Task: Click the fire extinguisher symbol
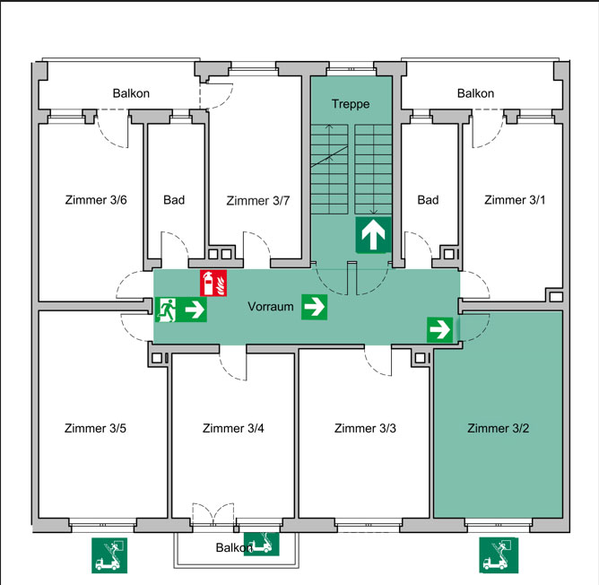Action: (x=213, y=282)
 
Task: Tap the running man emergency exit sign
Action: (x=167, y=310)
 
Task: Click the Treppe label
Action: (x=351, y=104)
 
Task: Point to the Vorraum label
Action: (x=271, y=307)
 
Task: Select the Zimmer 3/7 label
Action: (x=258, y=200)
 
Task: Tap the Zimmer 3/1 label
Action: (x=514, y=199)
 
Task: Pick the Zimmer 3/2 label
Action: (x=499, y=428)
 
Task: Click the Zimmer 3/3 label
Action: (x=365, y=428)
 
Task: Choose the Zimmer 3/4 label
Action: (x=233, y=428)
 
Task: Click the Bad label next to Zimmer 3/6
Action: (x=174, y=199)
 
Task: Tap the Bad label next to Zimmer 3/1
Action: (x=428, y=199)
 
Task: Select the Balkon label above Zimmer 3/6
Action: (x=131, y=93)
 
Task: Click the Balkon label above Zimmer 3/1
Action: (x=475, y=93)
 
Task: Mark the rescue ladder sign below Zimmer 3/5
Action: (x=109, y=555)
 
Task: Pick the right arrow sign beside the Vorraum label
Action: (x=314, y=307)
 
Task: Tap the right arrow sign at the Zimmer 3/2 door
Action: (x=439, y=328)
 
